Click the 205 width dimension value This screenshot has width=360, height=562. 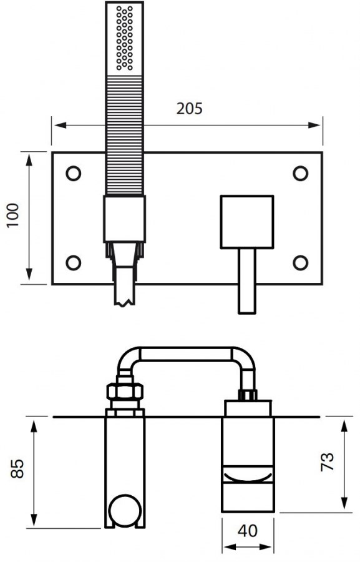(x=189, y=109)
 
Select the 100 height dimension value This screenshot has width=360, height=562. (x=14, y=217)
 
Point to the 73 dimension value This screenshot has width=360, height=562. (x=328, y=462)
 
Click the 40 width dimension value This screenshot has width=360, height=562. (x=248, y=531)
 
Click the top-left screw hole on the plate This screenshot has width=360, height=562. (x=74, y=173)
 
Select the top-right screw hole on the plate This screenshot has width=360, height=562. (x=301, y=173)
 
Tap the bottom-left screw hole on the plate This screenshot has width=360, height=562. (x=74, y=263)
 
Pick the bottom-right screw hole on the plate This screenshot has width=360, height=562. (x=301, y=263)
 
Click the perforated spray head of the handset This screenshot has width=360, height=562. (x=125, y=38)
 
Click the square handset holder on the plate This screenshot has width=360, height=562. (x=124, y=219)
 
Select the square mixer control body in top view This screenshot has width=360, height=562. (x=247, y=221)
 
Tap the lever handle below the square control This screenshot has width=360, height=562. (x=247, y=280)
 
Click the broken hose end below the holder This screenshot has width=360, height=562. (x=125, y=287)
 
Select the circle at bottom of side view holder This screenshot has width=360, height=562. (x=125, y=511)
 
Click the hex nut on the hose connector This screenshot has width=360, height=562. (x=125, y=393)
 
